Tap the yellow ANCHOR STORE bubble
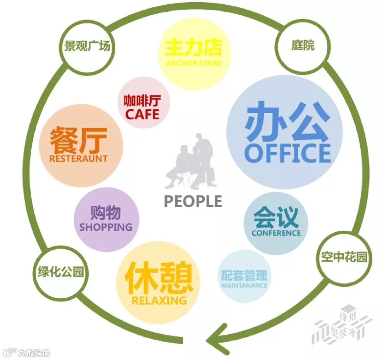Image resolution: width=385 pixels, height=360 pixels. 194,53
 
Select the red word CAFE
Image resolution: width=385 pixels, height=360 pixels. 142,115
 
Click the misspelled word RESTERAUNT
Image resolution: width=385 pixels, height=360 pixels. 78,158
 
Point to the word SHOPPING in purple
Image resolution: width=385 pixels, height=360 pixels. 106,227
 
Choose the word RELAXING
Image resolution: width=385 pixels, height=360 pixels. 159,300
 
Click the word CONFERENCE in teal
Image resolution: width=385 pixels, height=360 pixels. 276,233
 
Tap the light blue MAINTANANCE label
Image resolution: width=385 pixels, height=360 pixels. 244,285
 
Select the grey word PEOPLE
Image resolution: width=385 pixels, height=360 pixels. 193,201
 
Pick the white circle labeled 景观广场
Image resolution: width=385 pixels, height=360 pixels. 87,46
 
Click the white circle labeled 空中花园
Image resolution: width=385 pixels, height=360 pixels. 344,257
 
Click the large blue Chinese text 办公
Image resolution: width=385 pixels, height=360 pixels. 287,121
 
